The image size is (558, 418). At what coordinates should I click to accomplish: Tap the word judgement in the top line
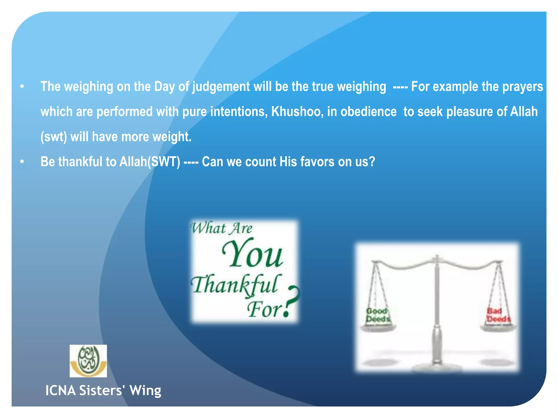221,87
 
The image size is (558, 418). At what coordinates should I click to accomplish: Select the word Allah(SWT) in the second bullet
150,162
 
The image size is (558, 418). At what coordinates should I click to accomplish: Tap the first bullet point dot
22,87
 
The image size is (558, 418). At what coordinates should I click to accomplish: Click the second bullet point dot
22,162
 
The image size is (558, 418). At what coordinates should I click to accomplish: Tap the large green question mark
291,301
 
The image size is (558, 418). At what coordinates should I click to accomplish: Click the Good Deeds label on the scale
378,315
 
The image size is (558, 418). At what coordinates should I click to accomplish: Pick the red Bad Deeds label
498,315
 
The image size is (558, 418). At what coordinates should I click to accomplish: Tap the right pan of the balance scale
498,328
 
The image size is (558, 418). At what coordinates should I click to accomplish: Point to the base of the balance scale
437,366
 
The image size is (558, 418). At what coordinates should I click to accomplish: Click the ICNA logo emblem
88,361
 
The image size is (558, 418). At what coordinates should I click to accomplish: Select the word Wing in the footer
145,391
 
